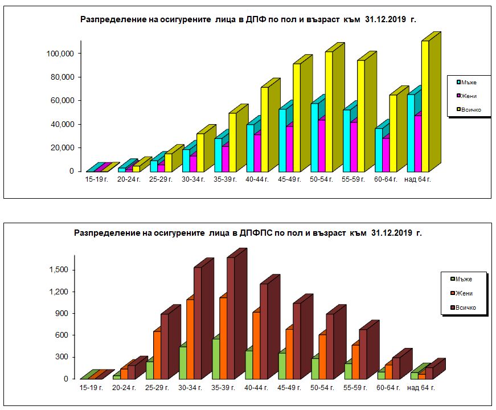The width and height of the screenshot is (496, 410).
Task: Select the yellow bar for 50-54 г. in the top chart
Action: [329, 112]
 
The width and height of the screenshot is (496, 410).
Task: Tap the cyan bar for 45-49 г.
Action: [282, 140]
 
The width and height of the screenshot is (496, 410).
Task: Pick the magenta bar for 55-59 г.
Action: [354, 147]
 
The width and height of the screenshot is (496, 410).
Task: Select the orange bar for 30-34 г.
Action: [190, 339]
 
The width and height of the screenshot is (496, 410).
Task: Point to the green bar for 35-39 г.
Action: [215, 359]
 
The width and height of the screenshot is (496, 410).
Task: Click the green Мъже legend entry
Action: [462, 278]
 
